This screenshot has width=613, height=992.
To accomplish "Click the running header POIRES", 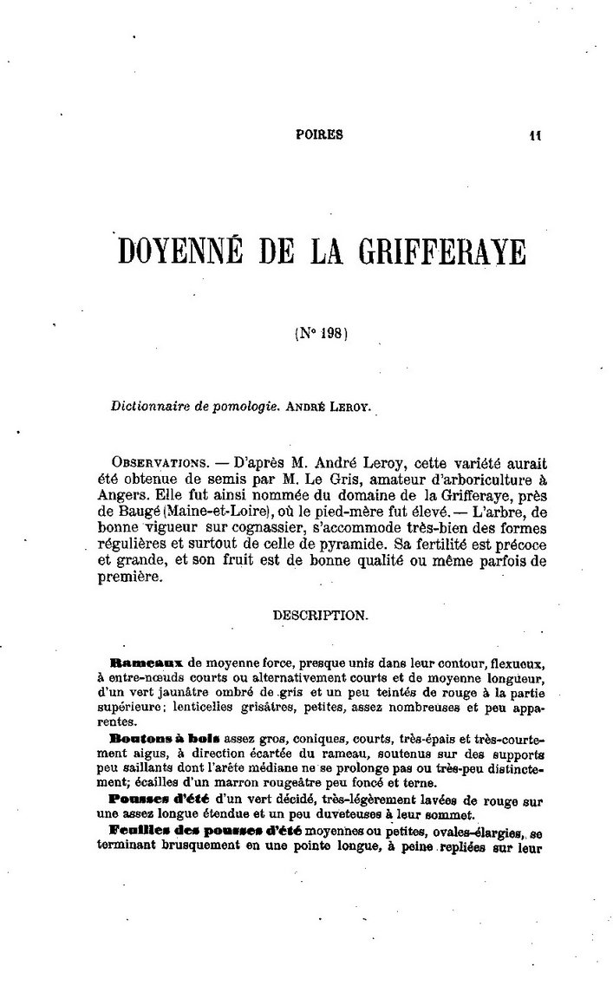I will point(320,134).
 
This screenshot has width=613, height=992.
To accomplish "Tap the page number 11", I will point(534,134).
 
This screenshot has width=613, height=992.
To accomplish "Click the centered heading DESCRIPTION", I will point(320,614).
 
